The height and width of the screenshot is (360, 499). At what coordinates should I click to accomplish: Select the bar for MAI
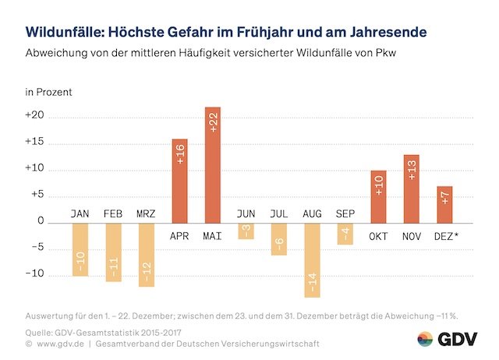point(213,164)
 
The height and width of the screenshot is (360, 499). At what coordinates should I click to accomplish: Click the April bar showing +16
point(179,181)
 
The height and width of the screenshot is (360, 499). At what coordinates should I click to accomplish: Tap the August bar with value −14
point(313,259)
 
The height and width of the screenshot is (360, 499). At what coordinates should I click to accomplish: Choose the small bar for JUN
point(246,231)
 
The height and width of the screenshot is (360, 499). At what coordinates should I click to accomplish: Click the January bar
point(80,249)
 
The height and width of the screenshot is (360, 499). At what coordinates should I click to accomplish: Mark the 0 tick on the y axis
point(40,222)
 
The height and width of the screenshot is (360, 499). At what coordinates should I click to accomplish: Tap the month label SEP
point(345,214)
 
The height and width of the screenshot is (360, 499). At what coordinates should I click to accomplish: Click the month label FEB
point(113,214)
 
